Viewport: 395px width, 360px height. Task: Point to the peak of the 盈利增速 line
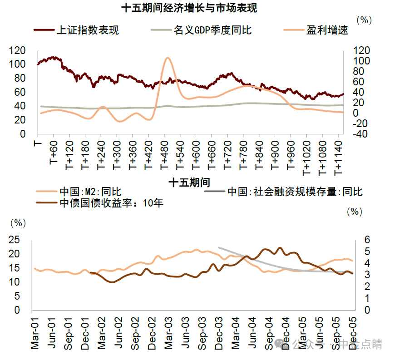pos(168,58)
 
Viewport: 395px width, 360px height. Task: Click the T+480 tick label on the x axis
pos(164,157)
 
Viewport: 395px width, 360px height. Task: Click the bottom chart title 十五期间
pos(189,182)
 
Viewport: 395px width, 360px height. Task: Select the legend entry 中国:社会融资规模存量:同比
pos(295,192)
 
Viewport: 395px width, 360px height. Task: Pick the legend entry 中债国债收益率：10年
pos(111,203)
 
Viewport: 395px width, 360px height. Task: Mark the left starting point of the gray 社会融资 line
pos(219,247)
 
